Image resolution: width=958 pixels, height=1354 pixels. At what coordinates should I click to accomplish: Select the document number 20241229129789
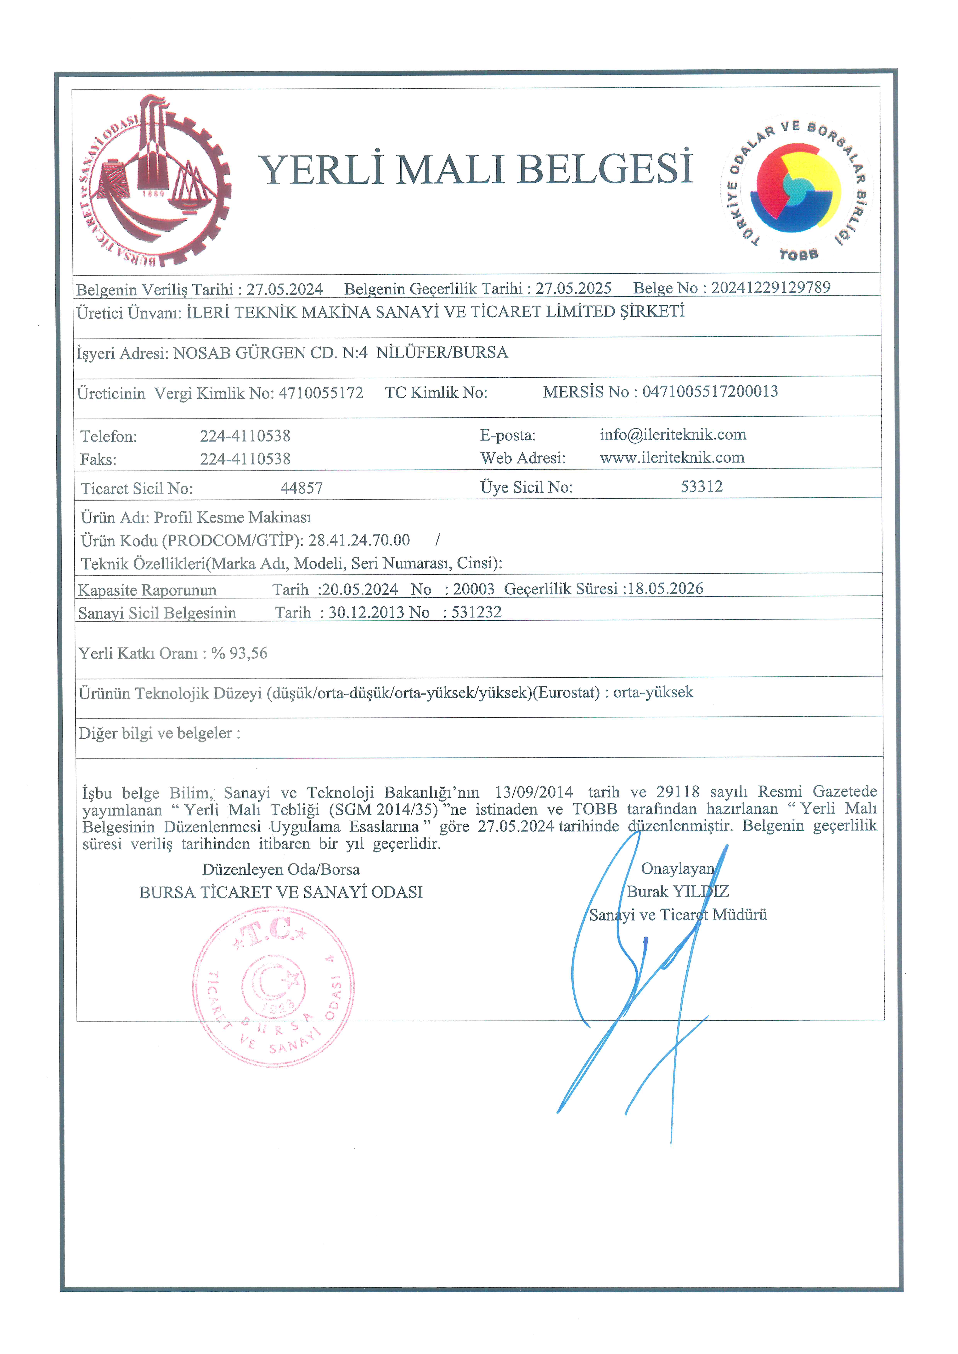pos(770,288)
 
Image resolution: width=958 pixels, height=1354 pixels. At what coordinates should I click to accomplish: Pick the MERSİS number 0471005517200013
pos(710,391)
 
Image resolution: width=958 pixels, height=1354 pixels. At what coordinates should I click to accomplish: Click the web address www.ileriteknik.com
pos(672,458)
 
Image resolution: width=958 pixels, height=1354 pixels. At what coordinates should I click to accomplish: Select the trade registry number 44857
pos(301,488)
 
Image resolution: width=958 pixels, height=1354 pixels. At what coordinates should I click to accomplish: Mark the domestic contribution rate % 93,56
pos(239,653)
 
